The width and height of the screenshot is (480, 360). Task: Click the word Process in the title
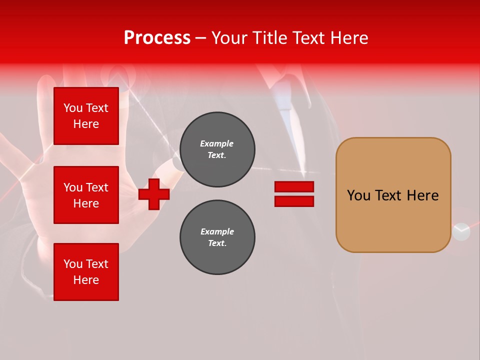coord(157,38)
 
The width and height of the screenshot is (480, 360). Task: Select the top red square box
coord(86,116)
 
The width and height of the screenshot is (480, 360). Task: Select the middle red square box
coord(86,195)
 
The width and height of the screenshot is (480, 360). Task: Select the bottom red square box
coord(86,272)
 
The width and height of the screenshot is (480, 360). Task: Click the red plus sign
coord(154,194)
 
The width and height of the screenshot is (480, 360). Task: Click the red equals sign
coord(294,194)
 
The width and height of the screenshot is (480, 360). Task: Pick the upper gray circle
coord(217,149)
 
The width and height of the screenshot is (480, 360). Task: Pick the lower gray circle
coord(217,237)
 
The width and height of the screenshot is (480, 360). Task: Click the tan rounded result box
coord(393,195)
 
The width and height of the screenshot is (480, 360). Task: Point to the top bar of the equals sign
coord(294,187)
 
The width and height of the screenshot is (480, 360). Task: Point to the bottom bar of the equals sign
coord(294,201)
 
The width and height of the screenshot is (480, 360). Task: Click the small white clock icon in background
coord(461,231)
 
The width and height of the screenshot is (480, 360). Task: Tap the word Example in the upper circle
coord(216,143)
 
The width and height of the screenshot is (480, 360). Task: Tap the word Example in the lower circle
coord(217,231)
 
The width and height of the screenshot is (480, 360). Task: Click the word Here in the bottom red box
coord(86,280)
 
